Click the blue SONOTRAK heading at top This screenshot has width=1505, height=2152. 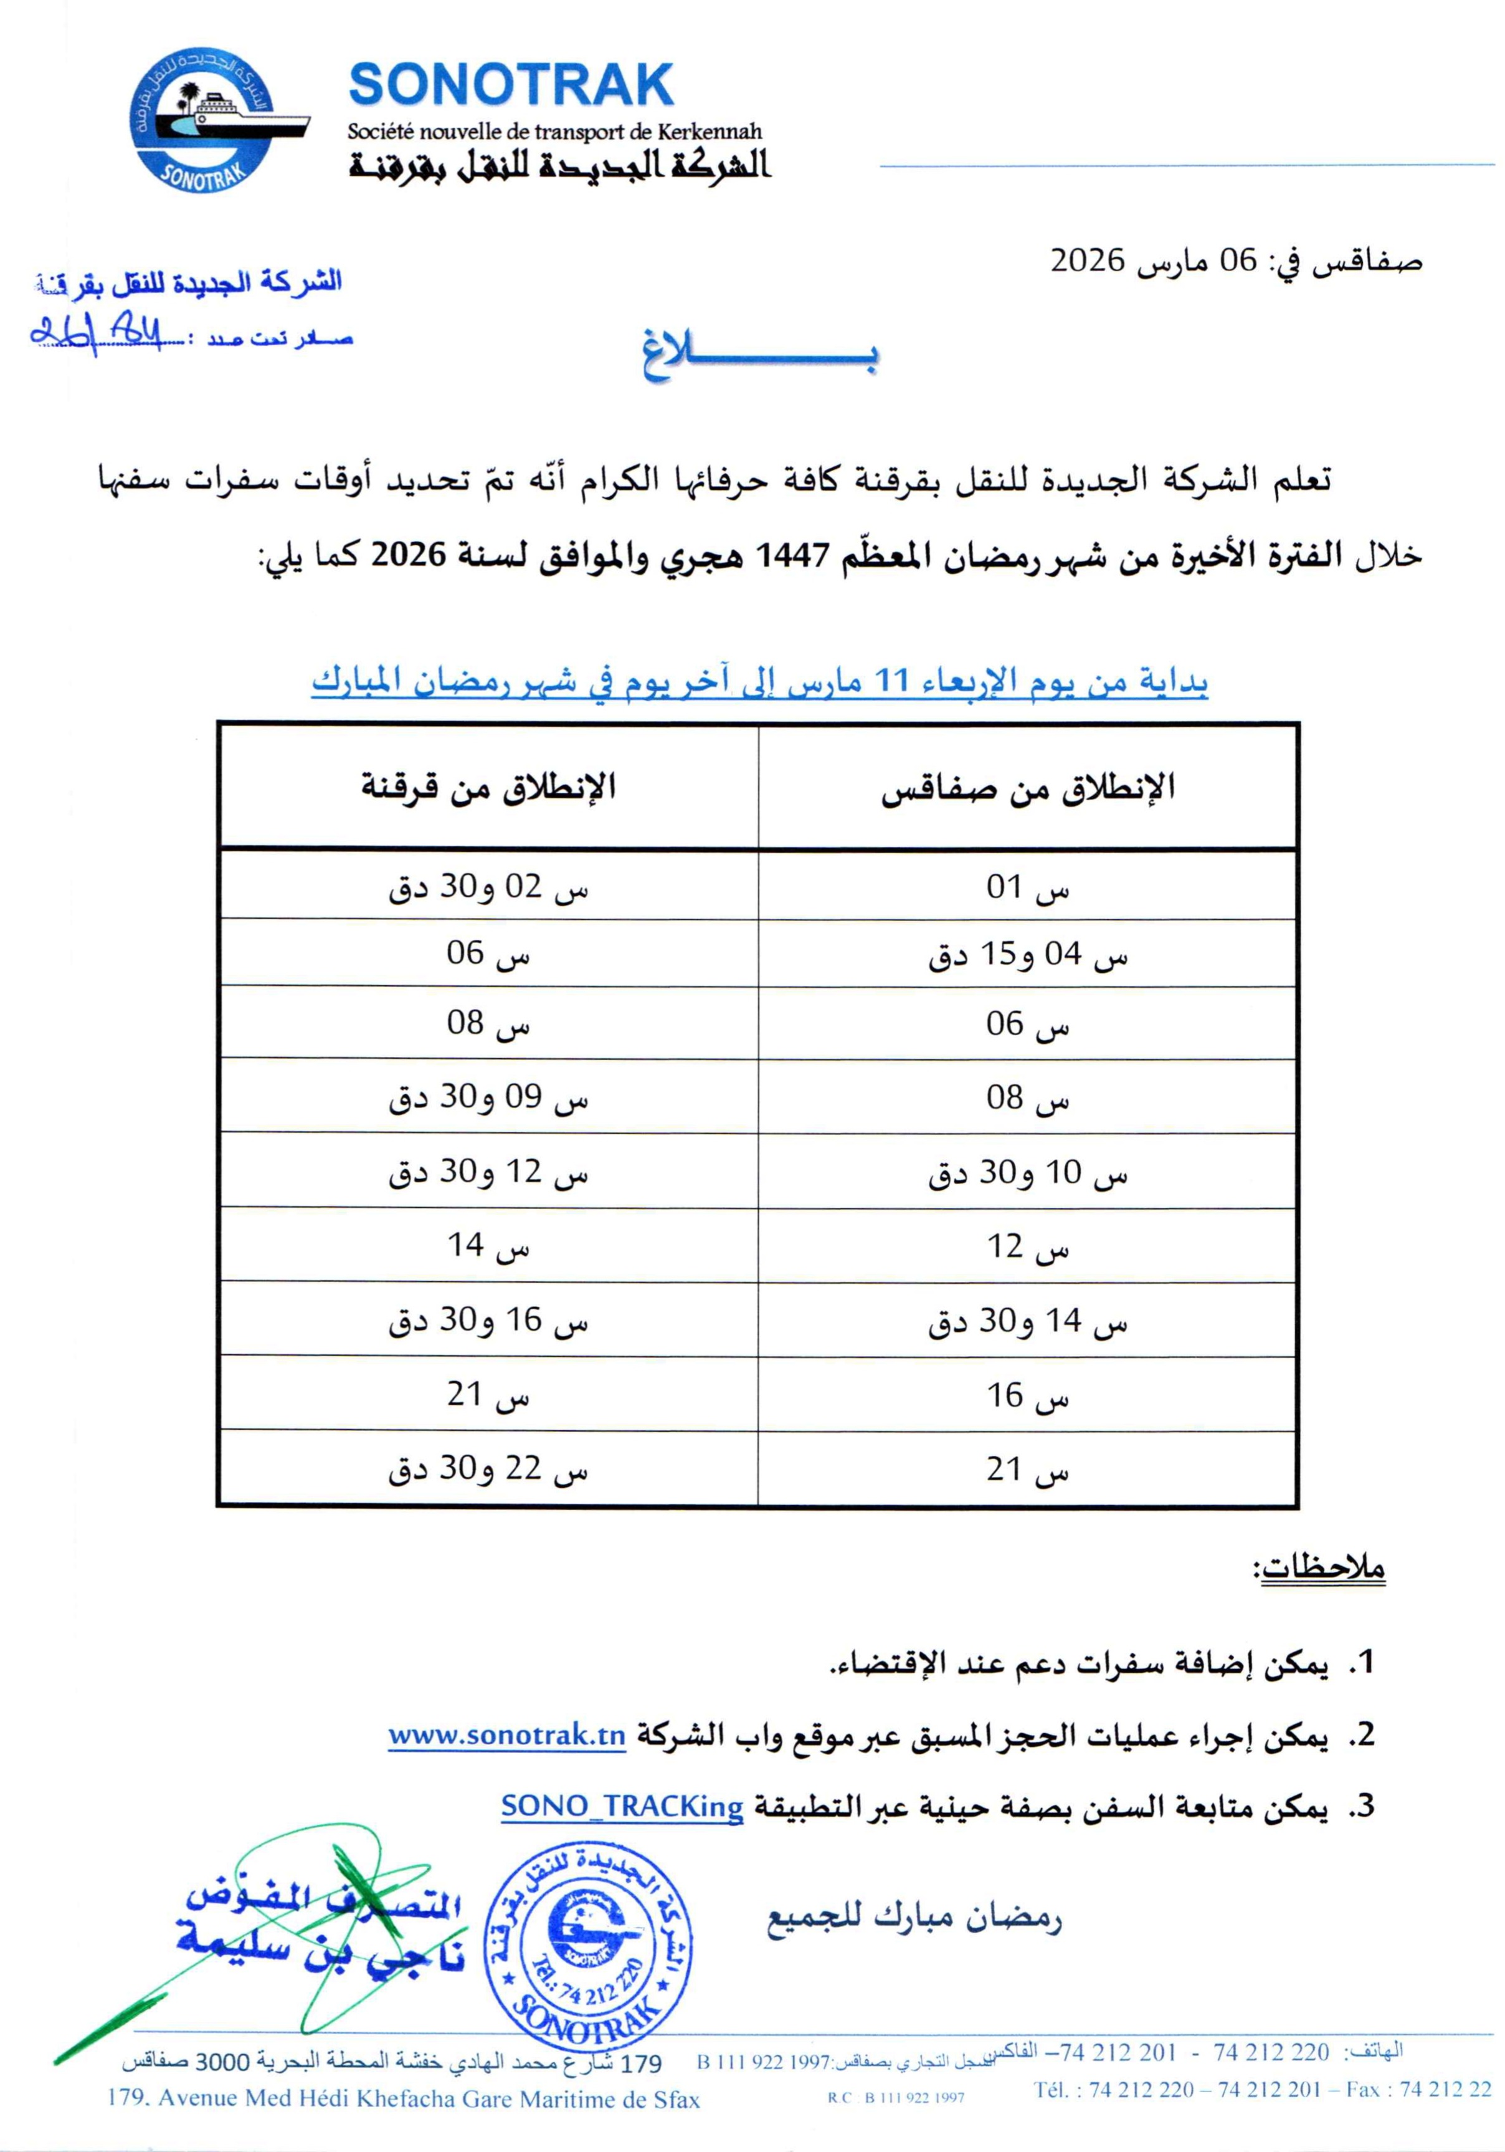click(511, 85)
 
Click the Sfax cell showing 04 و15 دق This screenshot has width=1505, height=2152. click(1027, 955)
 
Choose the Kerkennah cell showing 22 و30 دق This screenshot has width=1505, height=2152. click(488, 1469)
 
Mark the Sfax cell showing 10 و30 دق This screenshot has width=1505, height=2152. click(1027, 1172)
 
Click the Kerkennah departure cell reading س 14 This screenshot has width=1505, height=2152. click(488, 1246)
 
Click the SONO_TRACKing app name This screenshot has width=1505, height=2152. click(622, 1806)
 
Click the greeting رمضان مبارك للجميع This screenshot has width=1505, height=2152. click(914, 1917)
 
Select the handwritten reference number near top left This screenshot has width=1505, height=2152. click(95, 333)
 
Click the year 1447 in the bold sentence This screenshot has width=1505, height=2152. click(793, 556)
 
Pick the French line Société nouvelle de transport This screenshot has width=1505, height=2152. click(555, 132)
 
